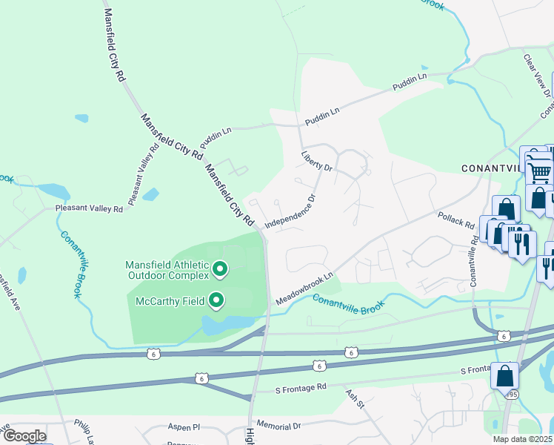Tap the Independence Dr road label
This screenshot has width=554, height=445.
(x=290, y=211)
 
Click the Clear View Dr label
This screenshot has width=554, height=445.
(x=537, y=75)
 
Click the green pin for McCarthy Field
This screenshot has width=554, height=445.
(x=217, y=300)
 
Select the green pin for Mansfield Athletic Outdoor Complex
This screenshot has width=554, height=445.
(x=219, y=269)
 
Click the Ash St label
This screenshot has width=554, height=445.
(x=356, y=403)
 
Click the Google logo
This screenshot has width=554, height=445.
(x=24, y=436)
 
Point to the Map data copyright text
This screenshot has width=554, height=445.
(x=523, y=439)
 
